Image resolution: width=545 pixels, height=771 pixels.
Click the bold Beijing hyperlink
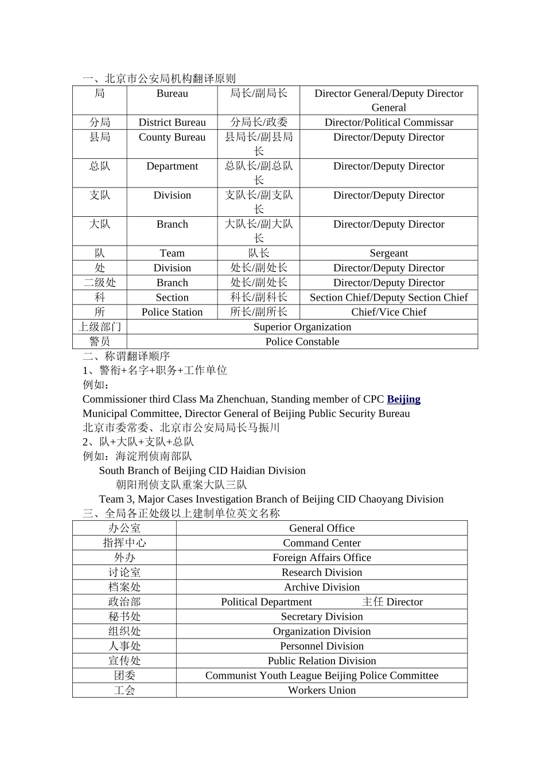pyautogui.click(x=403, y=399)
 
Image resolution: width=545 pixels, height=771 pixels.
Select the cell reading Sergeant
pyautogui.click(x=388, y=253)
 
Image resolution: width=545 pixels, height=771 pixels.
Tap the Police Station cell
pyautogui.click(x=172, y=312)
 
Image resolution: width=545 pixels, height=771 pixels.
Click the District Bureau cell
pyautogui.click(x=172, y=122)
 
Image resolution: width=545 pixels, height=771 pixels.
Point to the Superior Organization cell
pyautogui.click(x=302, y=327)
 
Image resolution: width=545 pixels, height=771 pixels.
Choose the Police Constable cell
pyautogui.click(x=302, y=342)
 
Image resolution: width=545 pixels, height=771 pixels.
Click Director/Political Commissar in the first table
pyautogui.click(x=388, y=122)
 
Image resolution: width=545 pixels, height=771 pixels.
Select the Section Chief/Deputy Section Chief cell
pyautogui.click(x=388, y=297)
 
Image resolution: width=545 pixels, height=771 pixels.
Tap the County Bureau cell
pyautogui.click(x=172, y=137)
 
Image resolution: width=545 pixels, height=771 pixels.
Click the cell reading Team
pyautogui.click(x=172, y=253)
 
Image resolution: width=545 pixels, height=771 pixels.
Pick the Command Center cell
pyautogui.click(x=322, y=543)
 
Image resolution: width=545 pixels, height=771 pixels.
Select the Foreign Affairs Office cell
pyautogui.click(x=322, y=558)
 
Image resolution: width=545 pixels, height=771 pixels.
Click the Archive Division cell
pyautogui.click(x=322, y=587)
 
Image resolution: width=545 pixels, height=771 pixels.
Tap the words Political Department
pyautogui.click(x=266, y=602)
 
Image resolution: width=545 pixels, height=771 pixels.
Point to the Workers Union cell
pyautogui.click(x=322, y=691)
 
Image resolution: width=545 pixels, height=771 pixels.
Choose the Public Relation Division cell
pyautogui.click(x=322, y=661)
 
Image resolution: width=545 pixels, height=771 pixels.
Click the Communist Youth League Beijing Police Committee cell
pyautogui.click(x=322, y=676)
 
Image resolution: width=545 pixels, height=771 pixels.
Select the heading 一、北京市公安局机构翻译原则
pyautogui.click(x=159, y=79)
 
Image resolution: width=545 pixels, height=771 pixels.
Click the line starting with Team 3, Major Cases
pyautogui.click(x=271, y=499)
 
